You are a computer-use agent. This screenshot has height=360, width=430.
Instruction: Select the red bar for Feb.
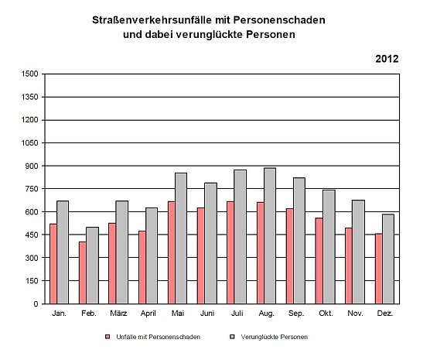(x=83, y=273)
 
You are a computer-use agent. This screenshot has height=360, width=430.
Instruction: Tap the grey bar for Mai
(x=180, y=238)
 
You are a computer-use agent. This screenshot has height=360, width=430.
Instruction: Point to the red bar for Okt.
(x=319, y=260)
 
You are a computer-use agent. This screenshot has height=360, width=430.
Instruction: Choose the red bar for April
(x=142, y=267)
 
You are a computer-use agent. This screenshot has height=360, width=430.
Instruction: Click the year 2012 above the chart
(x=387, y=58)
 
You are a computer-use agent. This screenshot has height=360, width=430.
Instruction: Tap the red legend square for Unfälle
(x=107, y=338)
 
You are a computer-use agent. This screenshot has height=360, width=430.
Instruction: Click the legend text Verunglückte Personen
(x=275, y=338)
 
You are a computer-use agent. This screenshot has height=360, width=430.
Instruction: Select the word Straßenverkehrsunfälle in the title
(x=155, y=19)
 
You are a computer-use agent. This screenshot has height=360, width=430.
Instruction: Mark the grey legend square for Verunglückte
(x=232, y=338)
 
